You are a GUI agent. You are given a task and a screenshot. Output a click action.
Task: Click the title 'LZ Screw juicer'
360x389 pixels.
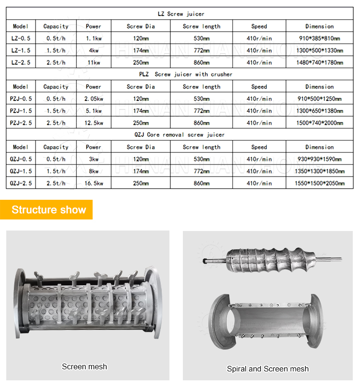180,14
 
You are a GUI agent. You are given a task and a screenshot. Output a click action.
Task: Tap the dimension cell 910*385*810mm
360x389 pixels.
319,38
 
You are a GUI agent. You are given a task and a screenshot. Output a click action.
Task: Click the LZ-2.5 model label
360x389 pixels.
21,62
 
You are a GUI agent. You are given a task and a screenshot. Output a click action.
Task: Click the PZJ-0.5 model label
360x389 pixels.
21,99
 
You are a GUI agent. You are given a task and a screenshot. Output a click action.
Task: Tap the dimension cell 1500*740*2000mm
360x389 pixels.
319,123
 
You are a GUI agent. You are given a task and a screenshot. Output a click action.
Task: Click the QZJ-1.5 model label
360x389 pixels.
21,171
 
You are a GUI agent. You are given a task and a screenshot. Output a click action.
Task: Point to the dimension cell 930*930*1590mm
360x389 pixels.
319,159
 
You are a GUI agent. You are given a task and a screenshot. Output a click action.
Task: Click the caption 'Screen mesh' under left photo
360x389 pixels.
84,367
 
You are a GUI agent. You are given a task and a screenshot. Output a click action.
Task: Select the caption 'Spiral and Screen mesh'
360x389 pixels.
268,369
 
